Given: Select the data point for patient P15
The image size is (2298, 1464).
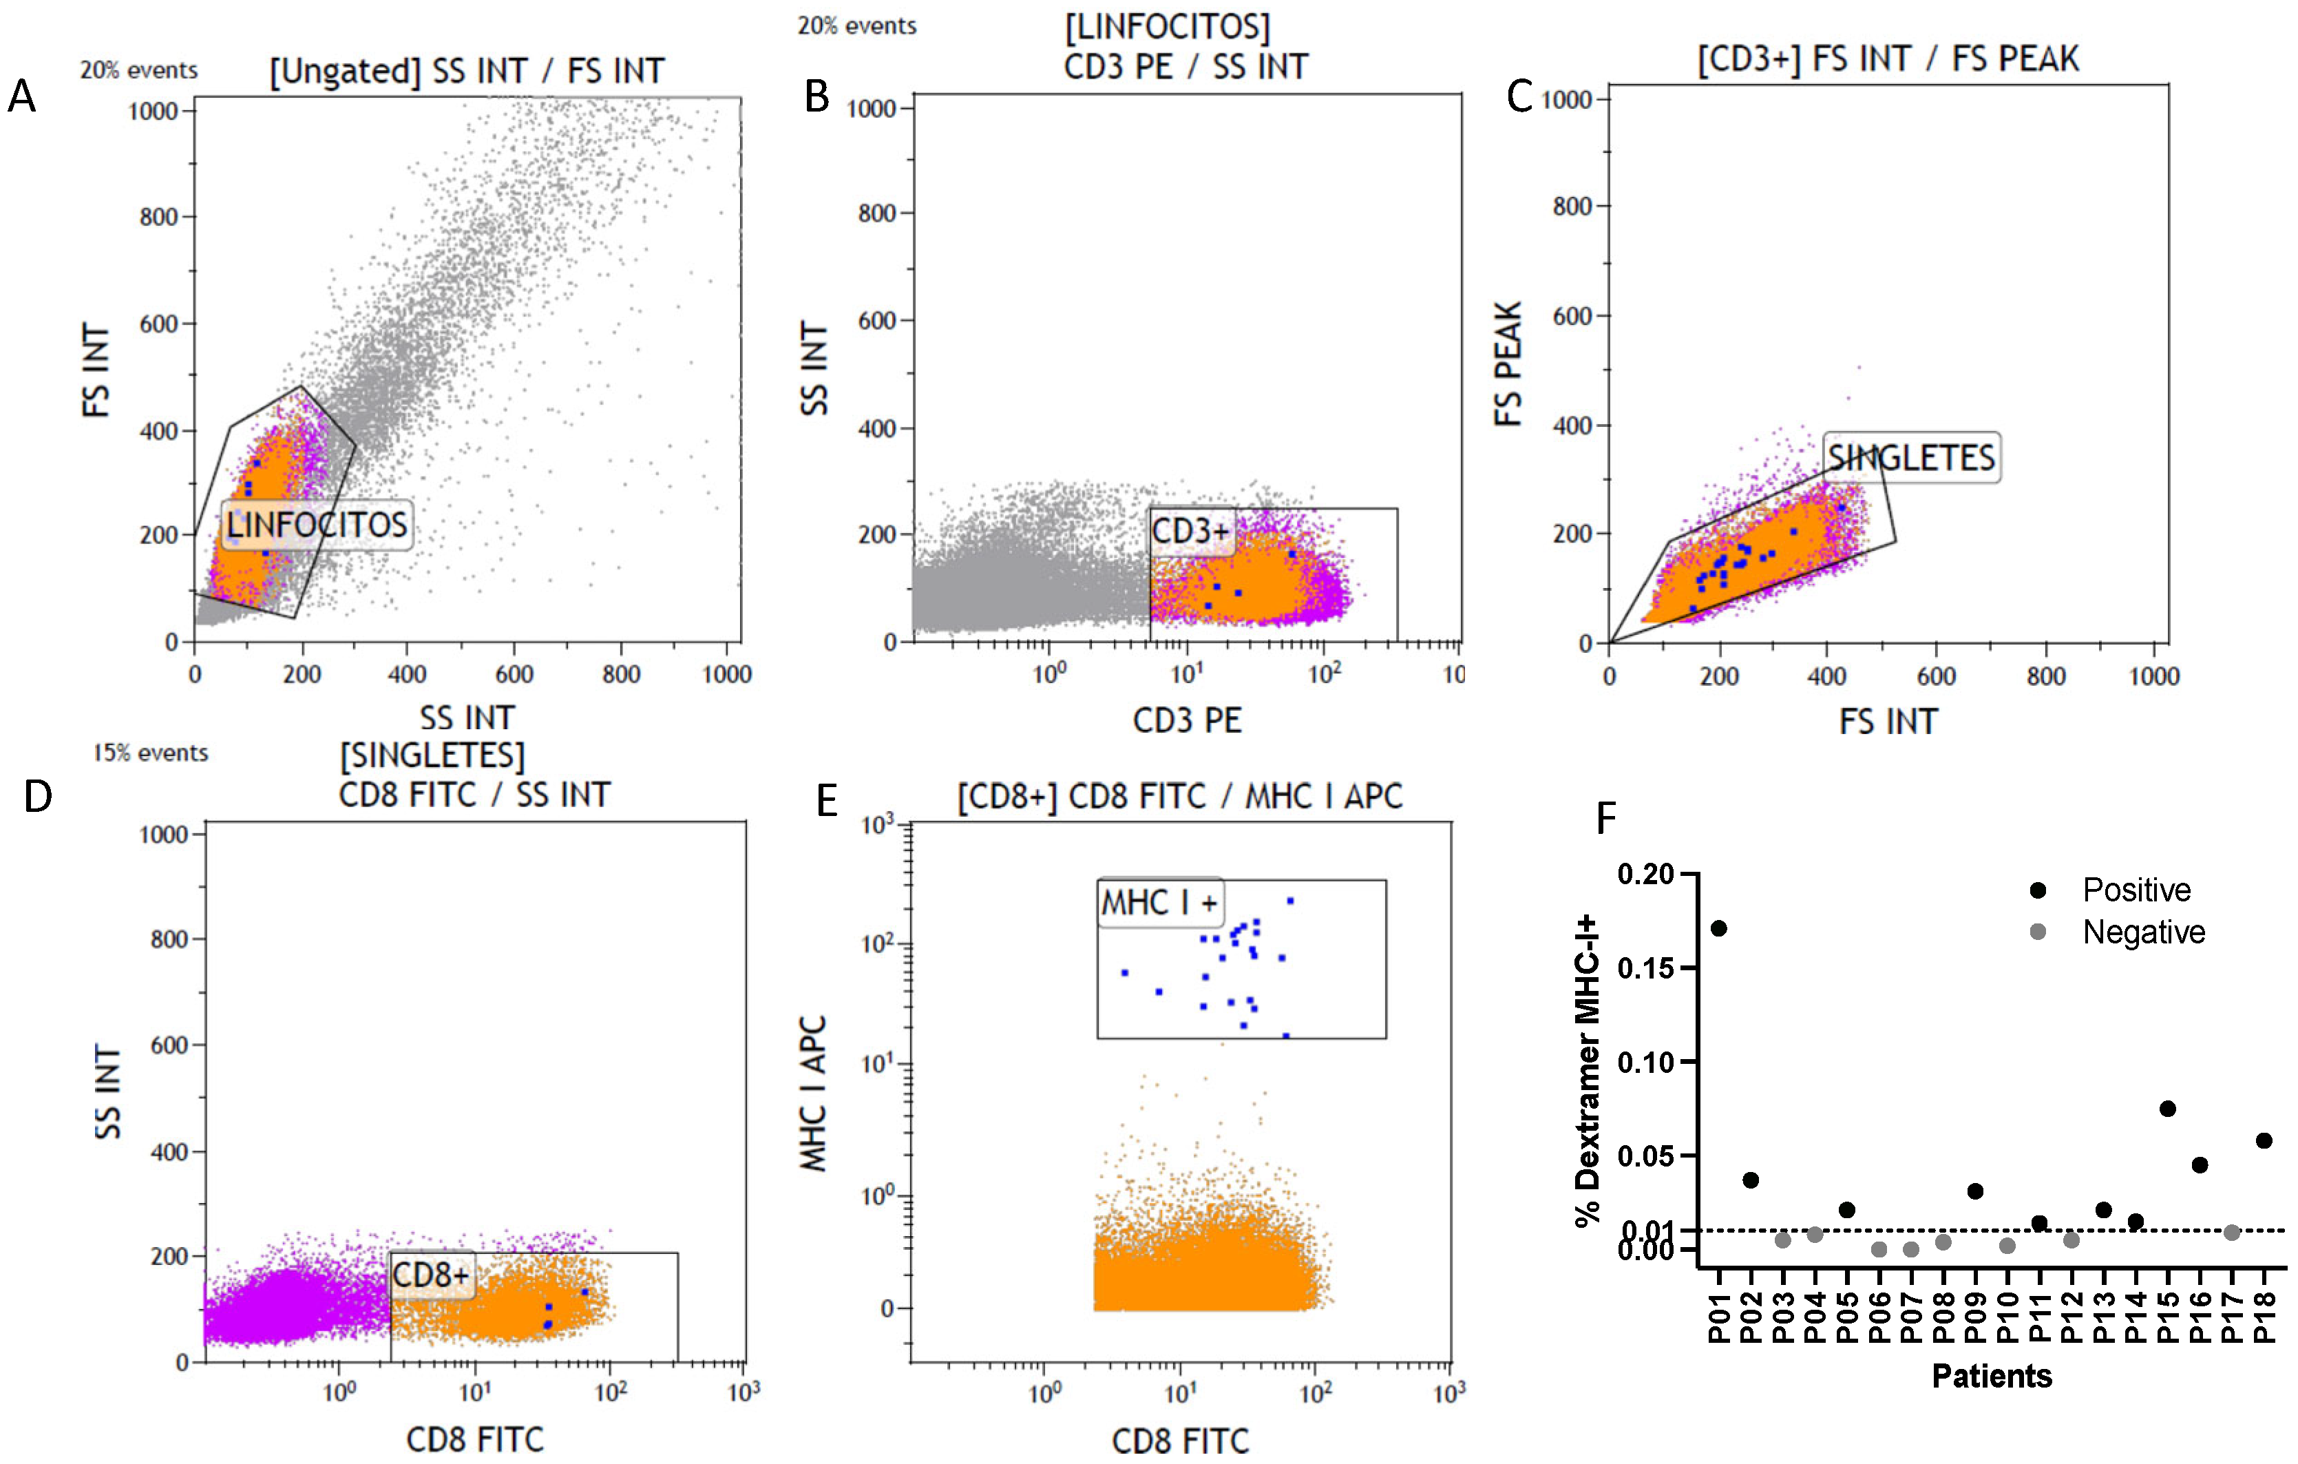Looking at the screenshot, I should point(2167,1108).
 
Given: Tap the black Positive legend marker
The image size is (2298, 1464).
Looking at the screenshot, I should point(2038,890).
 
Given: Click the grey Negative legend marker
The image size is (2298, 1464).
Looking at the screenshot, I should point(2038,932).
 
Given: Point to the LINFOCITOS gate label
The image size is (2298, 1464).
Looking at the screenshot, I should point(317,525).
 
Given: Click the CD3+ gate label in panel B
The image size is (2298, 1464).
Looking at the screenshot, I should point(1191,531).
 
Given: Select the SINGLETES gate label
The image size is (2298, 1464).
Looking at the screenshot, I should point(1910,458).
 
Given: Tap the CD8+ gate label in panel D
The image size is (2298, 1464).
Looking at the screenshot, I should point(432,1275).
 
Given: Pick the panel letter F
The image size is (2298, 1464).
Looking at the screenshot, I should point(1606,818).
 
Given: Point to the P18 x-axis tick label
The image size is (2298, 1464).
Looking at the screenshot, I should point(2264,1317).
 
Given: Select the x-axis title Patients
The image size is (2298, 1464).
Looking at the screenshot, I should point(1992,1375).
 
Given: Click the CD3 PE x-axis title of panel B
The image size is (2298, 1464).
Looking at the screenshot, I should point(1187,720).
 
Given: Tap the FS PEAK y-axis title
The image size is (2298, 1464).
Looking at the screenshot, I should point(1508,364).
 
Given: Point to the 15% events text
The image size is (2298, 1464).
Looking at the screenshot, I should point(150,753).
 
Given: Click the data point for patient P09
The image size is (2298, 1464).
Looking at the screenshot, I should point(1974,1191).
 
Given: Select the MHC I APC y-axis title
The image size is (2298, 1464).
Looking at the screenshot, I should point(813,1093).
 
